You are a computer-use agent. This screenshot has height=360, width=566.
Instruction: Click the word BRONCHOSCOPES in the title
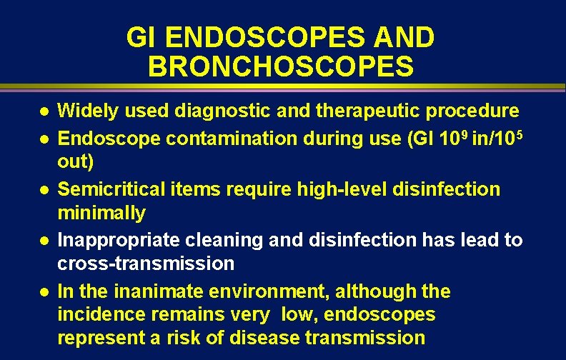click(x=280, y=66)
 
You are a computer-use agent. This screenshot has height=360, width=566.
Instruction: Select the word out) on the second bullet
click(x=75, y=162)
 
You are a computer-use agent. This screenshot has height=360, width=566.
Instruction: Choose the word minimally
click(x=101, y=213)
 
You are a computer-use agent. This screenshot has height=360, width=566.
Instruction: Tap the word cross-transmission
click(x=145, y=264)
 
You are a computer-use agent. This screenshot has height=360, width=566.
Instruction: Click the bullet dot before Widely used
click(x=44, y=112)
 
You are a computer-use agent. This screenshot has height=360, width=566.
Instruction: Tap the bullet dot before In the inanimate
click(x=44, y=292)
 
